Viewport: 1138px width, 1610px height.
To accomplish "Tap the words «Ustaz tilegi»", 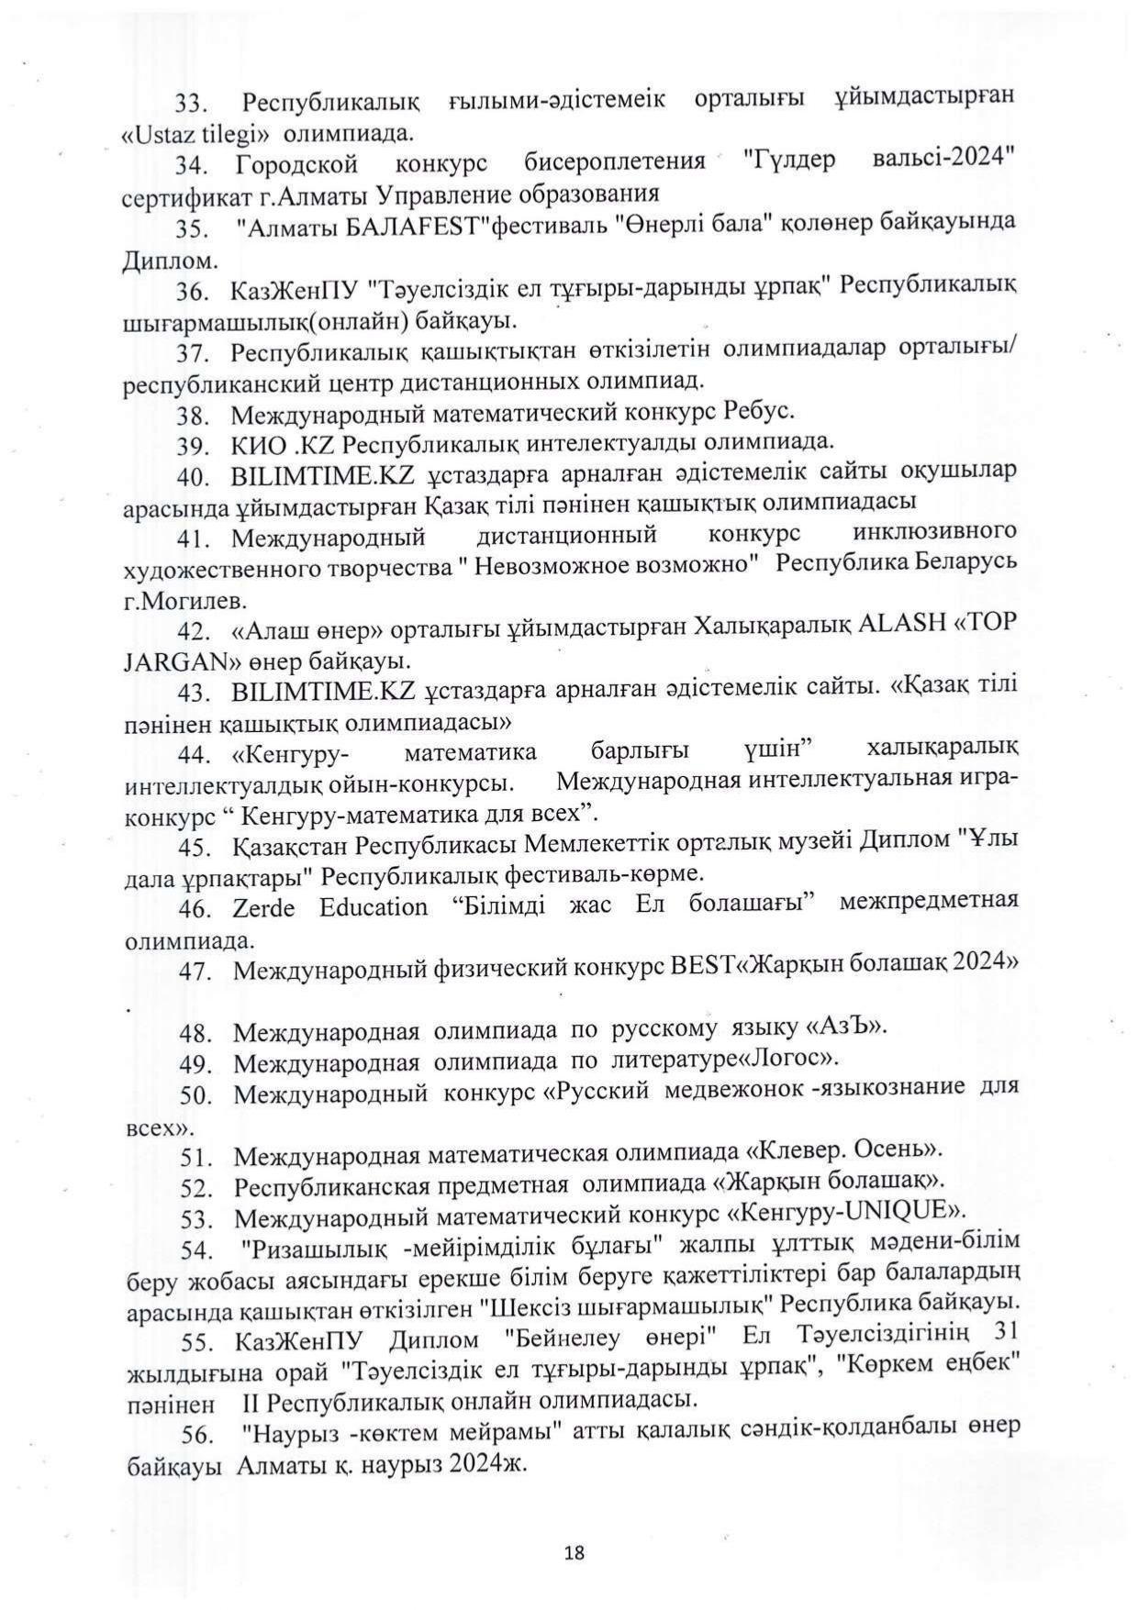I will click(195, 133).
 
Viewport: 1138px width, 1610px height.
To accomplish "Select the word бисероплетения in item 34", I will click(614, 162).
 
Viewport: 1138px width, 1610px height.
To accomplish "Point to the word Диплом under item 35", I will click(157, 261).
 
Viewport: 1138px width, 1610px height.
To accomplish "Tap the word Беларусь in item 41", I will click(965, 561).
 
